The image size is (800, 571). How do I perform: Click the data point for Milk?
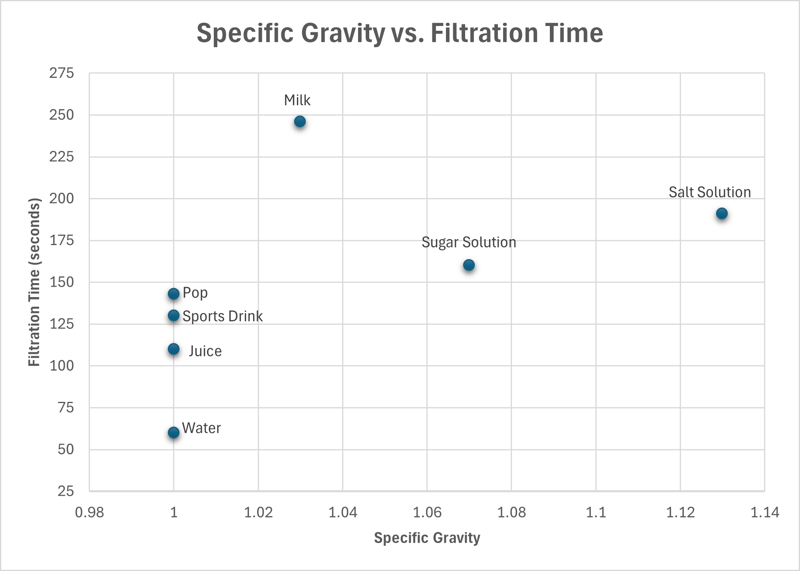(300, 122)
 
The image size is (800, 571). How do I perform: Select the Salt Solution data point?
(722, 214)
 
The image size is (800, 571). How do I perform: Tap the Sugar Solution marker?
(469, 265)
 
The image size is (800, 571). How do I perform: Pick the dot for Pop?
(173, 294)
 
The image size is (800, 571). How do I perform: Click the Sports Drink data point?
(173, 315)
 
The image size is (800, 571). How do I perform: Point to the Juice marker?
(173, 349)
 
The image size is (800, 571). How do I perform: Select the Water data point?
(173, 432)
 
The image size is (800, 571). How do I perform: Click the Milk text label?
(297, 100)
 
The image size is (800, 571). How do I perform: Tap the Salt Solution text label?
(710, 192)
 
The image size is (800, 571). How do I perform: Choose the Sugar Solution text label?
(469, 243)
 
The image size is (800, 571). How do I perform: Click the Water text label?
(201, 428)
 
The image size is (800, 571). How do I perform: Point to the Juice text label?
(205, 351)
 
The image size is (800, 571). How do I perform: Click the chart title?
(400, 33)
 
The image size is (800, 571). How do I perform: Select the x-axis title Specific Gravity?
(427, 538)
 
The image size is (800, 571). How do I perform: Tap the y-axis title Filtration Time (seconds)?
(34, 282)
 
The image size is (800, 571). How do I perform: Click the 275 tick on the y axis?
(62, 73)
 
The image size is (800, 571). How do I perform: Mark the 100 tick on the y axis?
(62, 365)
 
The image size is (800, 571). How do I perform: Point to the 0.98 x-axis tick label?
(90, 512)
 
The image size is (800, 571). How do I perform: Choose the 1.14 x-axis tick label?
(765, 512)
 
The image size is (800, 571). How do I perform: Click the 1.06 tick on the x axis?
(427, 512)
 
